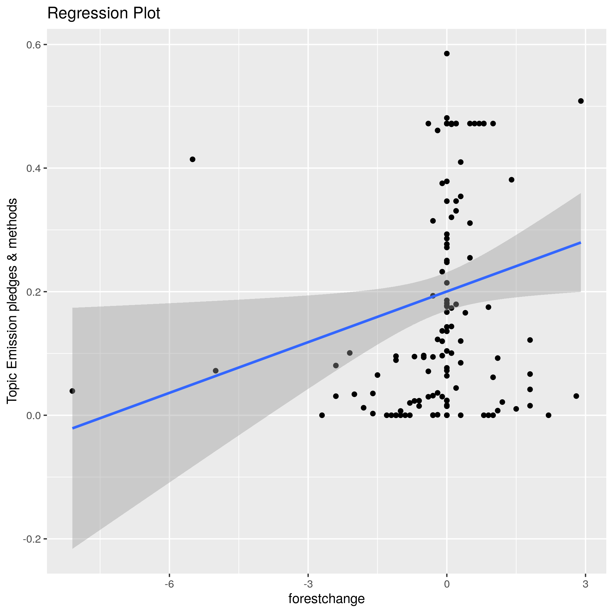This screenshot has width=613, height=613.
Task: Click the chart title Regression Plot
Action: pyautogui.click(x=103, y=14)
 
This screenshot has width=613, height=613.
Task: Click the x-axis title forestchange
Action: pyautogui.click(x=326, y=599)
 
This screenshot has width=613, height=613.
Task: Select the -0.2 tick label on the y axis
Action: pyautogui.click(x=33, y=539)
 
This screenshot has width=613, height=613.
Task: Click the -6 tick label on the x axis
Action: pyautogui.click(x=169, y=584)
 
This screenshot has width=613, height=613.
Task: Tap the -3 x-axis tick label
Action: pyautogui.click(x=308, y=584)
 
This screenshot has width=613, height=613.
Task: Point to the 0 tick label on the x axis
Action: pyautogui.click(x=447, y=584)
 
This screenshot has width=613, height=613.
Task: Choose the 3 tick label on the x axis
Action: pyautogui.click(x=585, y=584)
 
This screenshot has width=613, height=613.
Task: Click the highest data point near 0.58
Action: pyautogui.click(x=447, y=54)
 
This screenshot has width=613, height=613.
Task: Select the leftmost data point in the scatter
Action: pyautogui.click(x=72, y=391)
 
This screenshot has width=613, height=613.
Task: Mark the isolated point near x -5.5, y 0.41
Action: pyautogui.click(x=193, y=159)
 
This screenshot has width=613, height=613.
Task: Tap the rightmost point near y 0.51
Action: pyautogui.click(x=581, y=101)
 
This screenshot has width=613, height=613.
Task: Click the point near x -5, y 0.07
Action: pyautogui.click(x=216, y=371)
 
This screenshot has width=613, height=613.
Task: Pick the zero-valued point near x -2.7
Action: pyautogui.click(x=322, y=415)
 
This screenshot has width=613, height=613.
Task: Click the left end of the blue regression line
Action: pyautogui.click(x=73, y=428)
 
